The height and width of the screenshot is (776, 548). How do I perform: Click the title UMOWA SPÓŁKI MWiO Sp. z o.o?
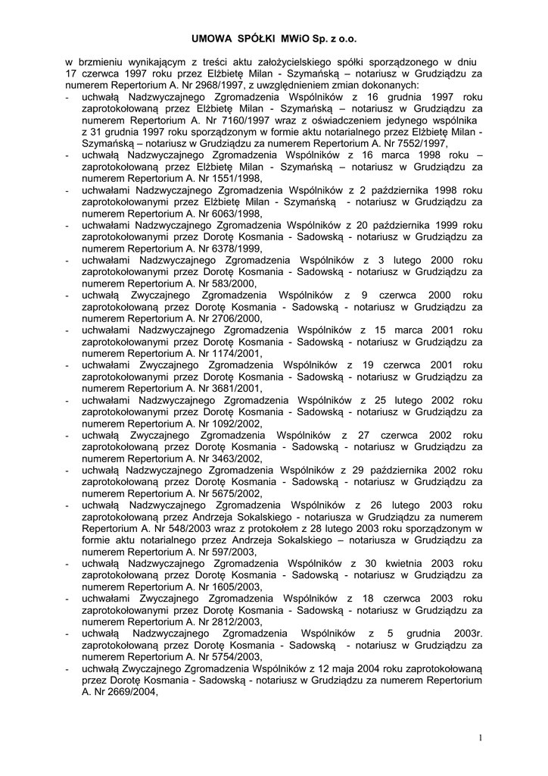coord(273,36)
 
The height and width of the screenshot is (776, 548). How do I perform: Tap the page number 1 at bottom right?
coord(480,738)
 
